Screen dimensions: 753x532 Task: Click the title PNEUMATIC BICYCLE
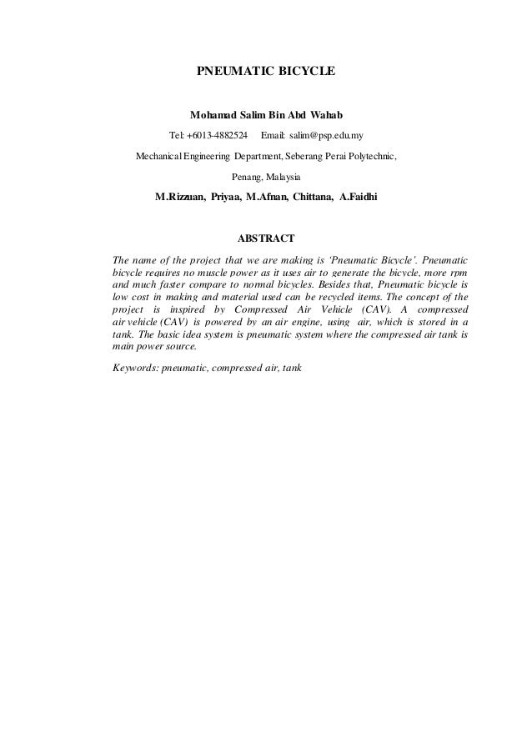coord(266,73)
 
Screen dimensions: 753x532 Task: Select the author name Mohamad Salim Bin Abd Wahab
coord(266,113)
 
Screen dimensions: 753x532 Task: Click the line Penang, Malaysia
coord(266,178)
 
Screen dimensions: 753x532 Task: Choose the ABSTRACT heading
coord(266,241)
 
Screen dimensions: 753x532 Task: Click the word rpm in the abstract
coord(456,274)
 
